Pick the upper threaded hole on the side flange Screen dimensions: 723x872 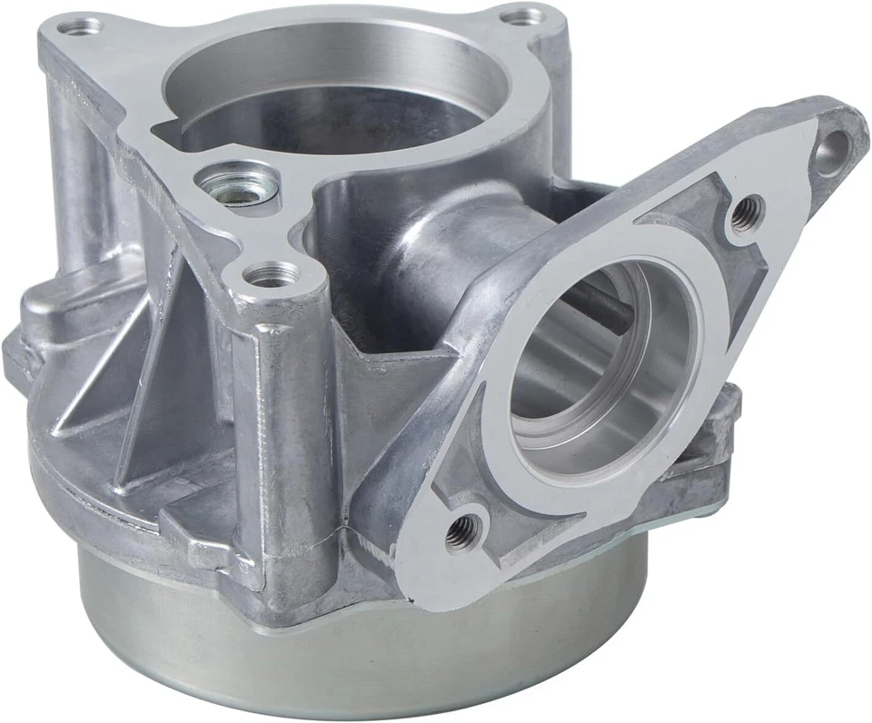pos(747,214)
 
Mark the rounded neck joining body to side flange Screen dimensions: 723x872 pos(427,245)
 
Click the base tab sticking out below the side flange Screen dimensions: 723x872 pos(718,454)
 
